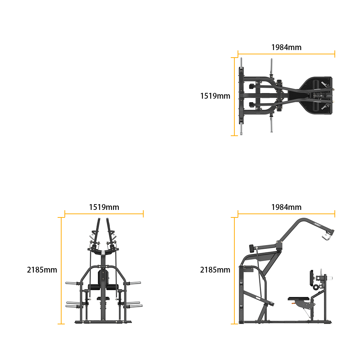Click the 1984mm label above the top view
click(286, 47)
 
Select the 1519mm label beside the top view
click(215, 96)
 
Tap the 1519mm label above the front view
click(104, 207)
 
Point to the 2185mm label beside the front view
click(42, 270)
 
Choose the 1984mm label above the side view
click(286, 207)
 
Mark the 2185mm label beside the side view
click(215, 270)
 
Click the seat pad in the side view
click(298, 299)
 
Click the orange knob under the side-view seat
click(293, 303)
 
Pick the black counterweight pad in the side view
click(252, 248)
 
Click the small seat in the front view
click(103, 298)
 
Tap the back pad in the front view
click(103, 277)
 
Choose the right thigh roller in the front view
click(112, 287)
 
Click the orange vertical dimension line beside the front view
click(61, 271)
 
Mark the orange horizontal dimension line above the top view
click(286, 54)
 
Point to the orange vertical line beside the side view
click(234, 271)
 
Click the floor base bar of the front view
click(103, 322)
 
